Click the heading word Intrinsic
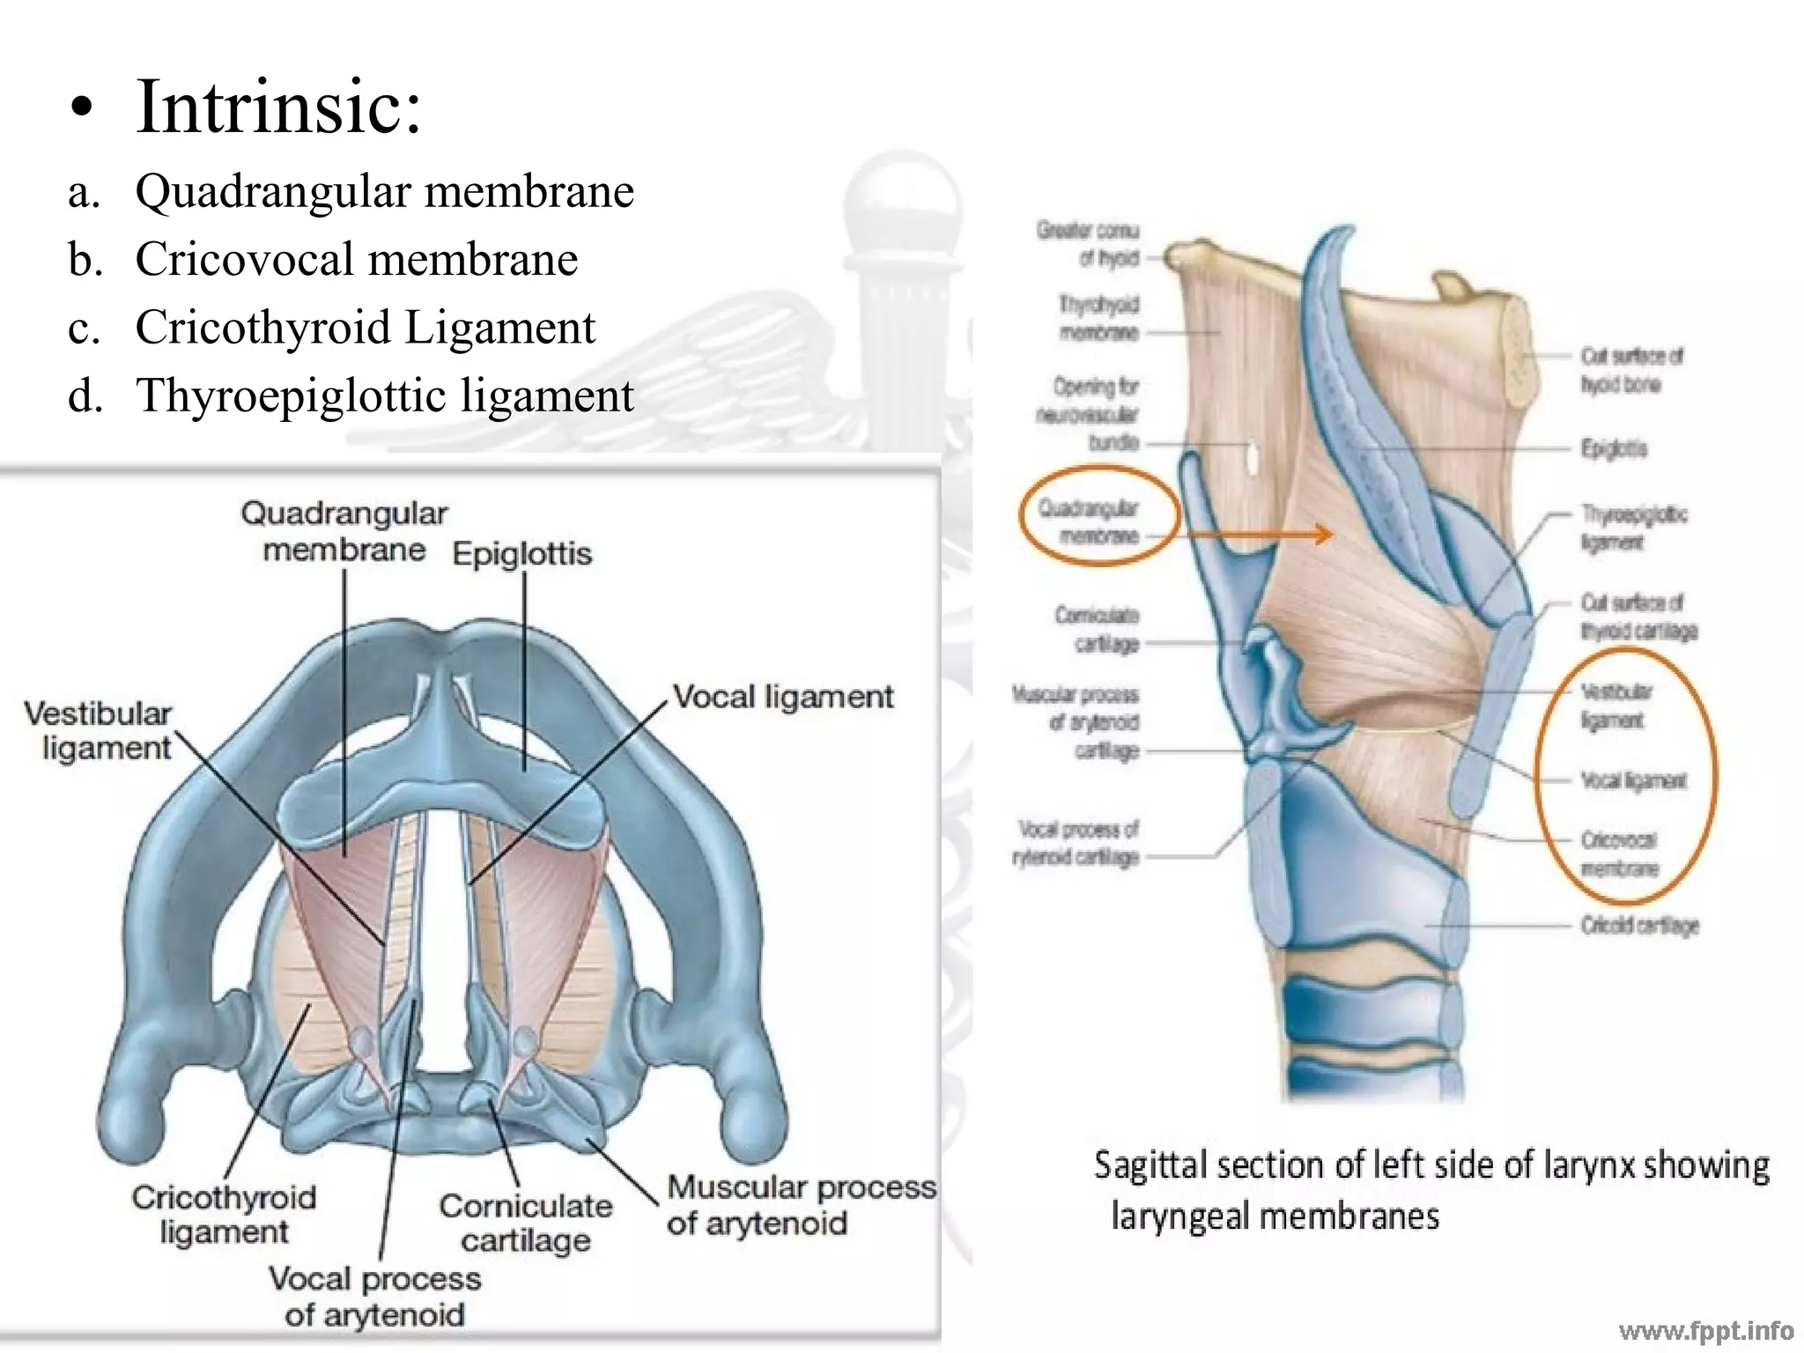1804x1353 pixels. [x=278, y=107]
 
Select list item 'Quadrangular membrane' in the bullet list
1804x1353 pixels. [x=384, y=191]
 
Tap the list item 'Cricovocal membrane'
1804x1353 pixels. [x=356, y=259]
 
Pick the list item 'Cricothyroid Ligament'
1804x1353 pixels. [x=365, y=327]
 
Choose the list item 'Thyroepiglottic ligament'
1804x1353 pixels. [x=384, y=396]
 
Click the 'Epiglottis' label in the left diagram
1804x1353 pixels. [x=521, y=554]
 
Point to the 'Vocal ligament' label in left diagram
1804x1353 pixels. [x=783, y=697]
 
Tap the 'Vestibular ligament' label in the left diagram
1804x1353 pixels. [x=99, y=730]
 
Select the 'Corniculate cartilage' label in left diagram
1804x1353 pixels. [x=526, y=1223]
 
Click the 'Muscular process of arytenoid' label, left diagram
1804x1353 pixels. [x=800, y=1205]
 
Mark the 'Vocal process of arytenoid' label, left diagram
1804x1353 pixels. [x=375, y=1296]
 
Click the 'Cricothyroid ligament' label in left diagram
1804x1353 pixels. [x=224, y=1214]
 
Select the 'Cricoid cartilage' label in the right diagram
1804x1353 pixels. [x=1638, y=926]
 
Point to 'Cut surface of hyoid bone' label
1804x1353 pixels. [x=1630, y=370]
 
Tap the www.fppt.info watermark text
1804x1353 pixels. [x=1705, y=1330]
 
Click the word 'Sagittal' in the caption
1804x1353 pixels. [x=1150, y=1165]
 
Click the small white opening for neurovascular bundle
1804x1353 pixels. [x=1252, y=455]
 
